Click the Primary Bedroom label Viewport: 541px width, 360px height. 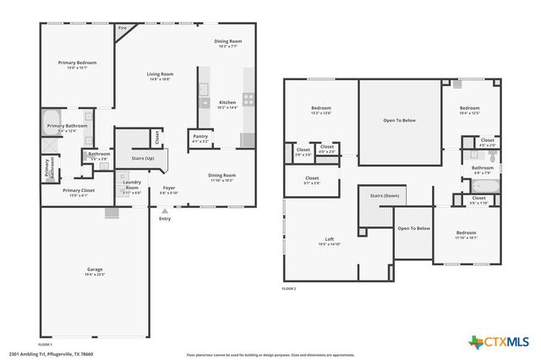(x=77, y=63)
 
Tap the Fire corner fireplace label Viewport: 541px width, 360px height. (x=122, y=29)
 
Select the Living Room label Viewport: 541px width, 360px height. (x=161, y=74)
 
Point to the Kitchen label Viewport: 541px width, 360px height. (x=227, y=103)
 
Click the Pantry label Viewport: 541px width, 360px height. (x=200, y=137)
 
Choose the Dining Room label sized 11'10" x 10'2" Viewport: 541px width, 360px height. (x=222, y=176)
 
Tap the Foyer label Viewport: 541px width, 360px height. (x=169, y=189)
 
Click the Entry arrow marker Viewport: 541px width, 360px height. (x=163, y=211)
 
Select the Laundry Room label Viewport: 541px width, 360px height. (x=131, y=184)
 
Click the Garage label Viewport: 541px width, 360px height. (x=94, y=270)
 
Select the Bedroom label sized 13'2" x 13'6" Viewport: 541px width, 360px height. (x=320, y=108)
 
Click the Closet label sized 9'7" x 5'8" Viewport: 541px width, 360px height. (x=312, y=178)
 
